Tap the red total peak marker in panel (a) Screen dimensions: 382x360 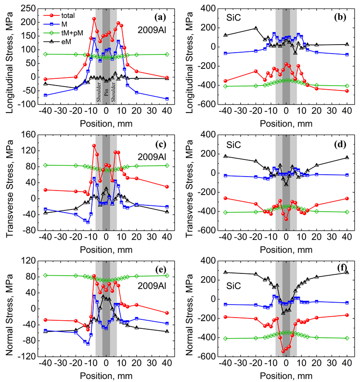click(94, 19)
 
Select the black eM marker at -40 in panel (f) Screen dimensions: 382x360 click(225, 272)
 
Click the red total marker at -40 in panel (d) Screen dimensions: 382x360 click(225, 198)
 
